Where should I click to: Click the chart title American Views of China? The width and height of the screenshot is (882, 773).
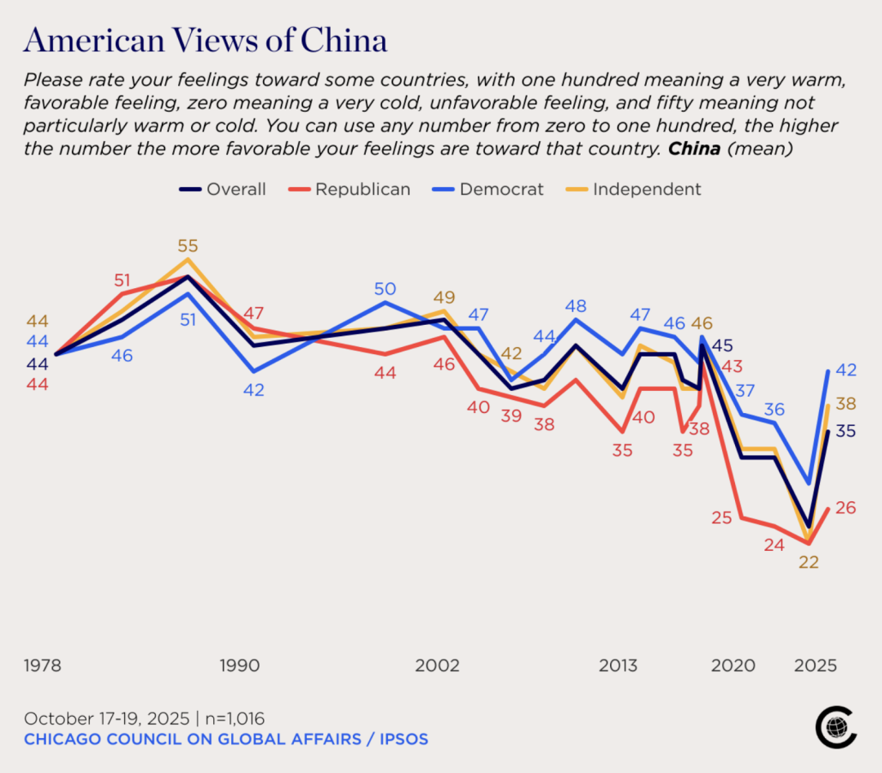pyautogui.click(x=206, y=40)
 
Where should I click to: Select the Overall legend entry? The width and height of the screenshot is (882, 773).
pyautogui.click(x=223, y=189)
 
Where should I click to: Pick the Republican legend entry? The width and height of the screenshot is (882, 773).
pyautogui.click(x=350, y=189)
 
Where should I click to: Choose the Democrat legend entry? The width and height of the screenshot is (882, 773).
pyautogui.click(x=489, y=189)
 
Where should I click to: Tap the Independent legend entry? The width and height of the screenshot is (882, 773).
pyautogui.click(x=635, y=189)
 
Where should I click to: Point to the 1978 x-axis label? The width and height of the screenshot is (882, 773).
pyautogui.click(x=42, y=665)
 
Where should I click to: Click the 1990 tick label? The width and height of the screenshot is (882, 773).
pyautogui.click(x=239, y=665)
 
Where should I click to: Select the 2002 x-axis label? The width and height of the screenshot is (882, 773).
pyautogui.click(x=437, y=665)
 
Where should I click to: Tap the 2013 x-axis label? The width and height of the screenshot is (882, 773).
pyautogui.click(x=618, y=665)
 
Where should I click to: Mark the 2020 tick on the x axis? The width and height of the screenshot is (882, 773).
pyautogui.click(x=733, y=665)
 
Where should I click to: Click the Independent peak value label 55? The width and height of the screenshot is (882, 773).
pyautogui.click(x=188, y=246)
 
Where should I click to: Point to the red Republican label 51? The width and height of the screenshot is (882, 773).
pyautogui.click(x=122, y=281)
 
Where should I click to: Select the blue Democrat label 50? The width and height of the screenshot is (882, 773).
pyautogui.click(x=385, y=288)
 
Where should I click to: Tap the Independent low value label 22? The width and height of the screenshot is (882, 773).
pyautogui.click(x=808, y=562)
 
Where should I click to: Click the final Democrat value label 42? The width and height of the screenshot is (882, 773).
pyautogui.click(x=846, y=370)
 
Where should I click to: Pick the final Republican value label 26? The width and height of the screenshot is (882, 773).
pyautogui.click(x=846, y=508)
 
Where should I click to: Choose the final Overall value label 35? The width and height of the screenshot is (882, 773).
pyautogui.click(x=846, y=431)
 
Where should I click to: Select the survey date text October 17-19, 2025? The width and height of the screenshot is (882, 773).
pyautogui.click(x=106, y=718)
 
